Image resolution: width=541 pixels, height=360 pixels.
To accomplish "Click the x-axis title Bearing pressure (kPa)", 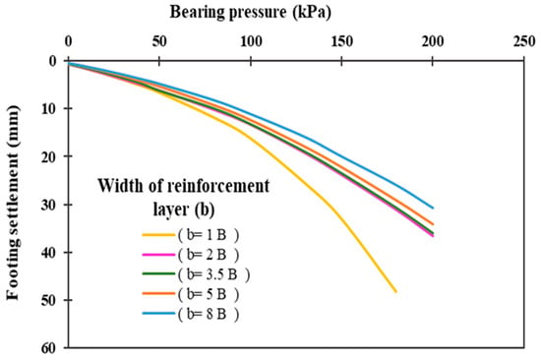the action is point(250,13).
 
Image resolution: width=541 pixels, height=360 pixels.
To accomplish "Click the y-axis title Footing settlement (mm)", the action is point(13,203).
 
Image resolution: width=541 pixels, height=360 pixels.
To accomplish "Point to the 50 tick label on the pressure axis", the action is point(159,41).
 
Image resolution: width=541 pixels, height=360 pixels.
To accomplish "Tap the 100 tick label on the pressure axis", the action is point(251,41).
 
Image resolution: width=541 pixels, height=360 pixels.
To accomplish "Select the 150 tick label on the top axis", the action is point(341,41).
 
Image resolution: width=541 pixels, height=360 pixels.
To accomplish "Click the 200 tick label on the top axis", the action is point(433,41).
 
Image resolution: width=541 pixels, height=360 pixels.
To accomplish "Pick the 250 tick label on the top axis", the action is point(524,41).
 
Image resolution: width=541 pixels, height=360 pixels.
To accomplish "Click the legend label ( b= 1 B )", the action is point(209,235).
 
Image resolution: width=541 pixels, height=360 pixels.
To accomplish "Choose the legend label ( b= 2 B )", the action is point(209,255).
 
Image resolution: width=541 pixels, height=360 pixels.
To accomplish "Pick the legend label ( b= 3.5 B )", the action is point(213,274).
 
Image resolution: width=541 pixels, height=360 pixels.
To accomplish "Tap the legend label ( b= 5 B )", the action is point(209,294).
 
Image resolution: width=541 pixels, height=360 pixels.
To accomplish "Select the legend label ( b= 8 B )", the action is point(209,314).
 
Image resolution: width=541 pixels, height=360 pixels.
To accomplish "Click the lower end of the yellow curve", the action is point(395,292).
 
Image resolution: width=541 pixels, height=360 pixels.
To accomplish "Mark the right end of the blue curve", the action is point(433,208).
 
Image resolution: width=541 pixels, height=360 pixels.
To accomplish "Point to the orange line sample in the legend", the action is point(158,294).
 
